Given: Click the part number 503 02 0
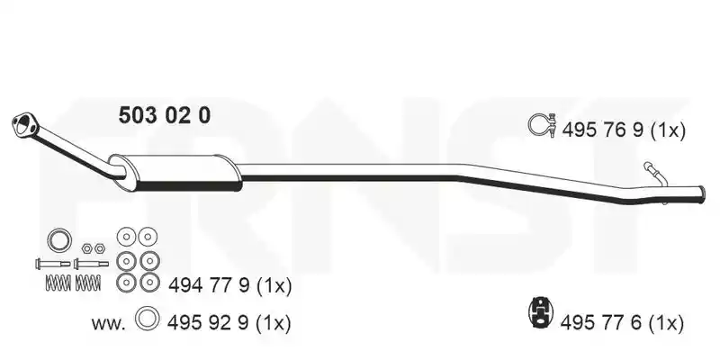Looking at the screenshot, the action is click(165, 115).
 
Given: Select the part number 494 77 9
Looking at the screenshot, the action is click(209, 286).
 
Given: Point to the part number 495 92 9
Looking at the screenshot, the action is click(208, 323).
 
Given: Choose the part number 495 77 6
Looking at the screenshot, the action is click(600, 323).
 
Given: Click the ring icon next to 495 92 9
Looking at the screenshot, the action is click(148, 319).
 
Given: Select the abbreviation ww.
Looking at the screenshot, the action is click(108, 324).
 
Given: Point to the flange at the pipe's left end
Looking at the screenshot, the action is click(22, 124).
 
